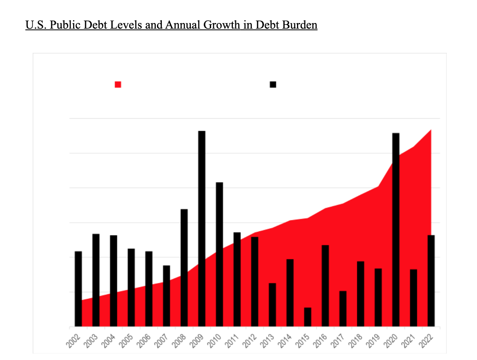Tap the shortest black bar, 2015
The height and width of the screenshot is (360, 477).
[308, 317]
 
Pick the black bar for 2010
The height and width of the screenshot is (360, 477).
[220, 254]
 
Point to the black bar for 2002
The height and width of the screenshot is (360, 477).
[78, 289]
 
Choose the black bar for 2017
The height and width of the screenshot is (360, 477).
[343, 308]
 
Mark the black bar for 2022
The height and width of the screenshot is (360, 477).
[431, 280]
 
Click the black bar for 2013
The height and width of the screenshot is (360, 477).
[272, 305]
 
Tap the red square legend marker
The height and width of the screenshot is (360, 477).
[118, 84]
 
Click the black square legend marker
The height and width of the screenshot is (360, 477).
[273, 84]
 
